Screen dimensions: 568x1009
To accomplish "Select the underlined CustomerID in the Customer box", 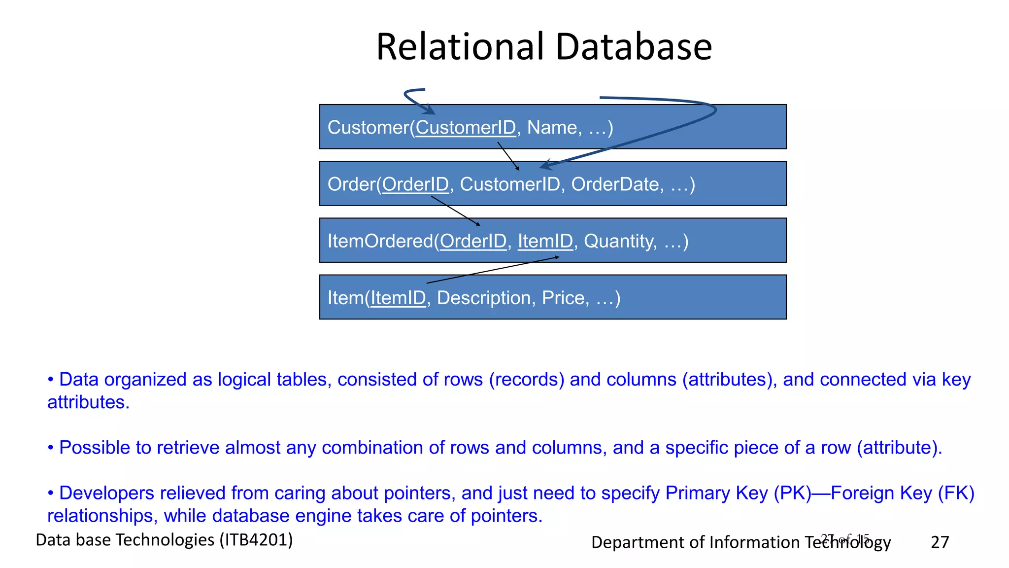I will tap(466, 128).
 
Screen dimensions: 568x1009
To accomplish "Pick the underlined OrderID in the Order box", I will tap(415, 184).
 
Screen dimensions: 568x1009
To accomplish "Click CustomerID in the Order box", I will tap(510, 184).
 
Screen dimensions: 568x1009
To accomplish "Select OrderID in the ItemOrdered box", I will tap(473, 241).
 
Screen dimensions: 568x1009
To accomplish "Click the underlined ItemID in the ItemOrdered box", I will tap(545, 241).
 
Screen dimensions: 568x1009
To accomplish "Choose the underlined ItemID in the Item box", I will tap(398, 298).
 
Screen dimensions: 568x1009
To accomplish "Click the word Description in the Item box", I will tap(483, 298).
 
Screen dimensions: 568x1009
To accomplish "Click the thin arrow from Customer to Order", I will tap(508, 156).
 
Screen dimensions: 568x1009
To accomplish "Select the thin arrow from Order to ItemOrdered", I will tap(455, 211).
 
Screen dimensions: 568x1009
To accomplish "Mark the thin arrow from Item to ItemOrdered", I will tap(493, 270).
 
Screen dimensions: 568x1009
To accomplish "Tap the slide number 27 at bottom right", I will tap(940, 542).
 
